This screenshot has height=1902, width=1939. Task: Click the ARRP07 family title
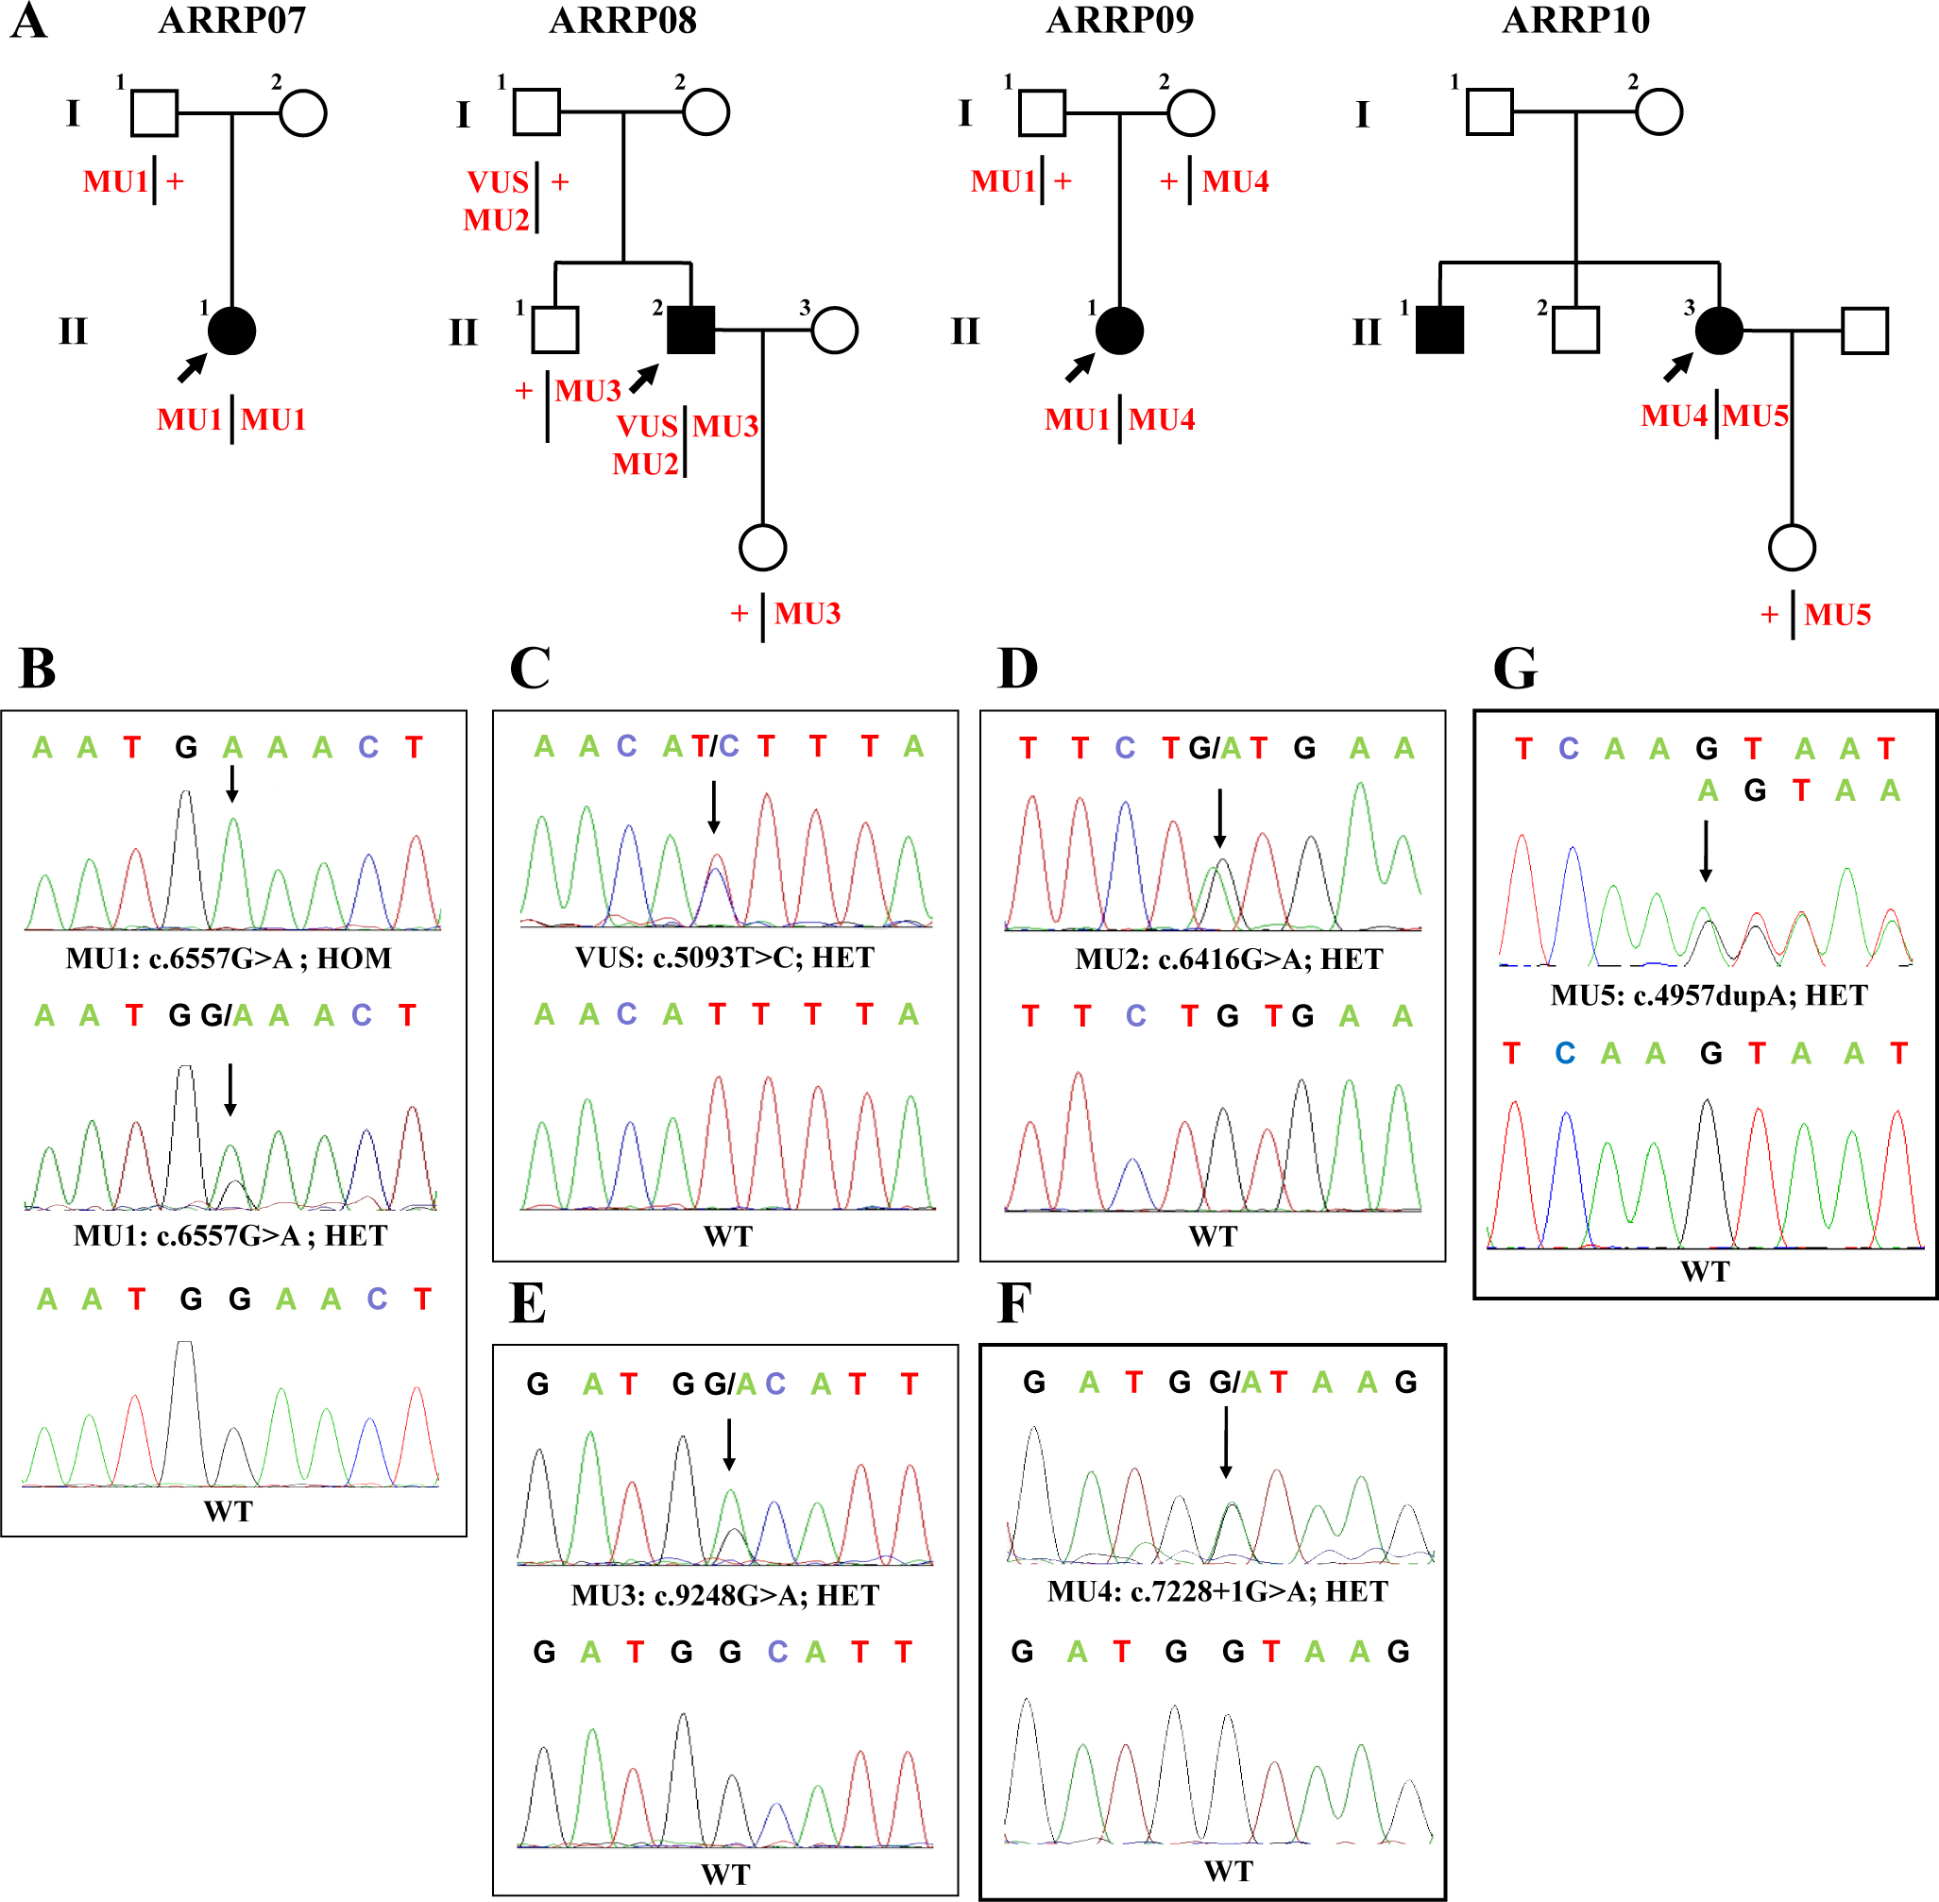(x=231, y=20)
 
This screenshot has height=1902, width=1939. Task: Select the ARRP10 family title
(x=1575, y=20)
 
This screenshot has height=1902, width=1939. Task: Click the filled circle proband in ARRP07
(x=231, y=331)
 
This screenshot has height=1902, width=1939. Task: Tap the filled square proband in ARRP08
(x=690, y=331)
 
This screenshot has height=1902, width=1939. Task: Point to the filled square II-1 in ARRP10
(x=1439, y=331)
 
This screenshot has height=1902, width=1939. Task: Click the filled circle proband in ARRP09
(x=1119, y=331)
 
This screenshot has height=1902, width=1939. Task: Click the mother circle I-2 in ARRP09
(x=1190, y=113)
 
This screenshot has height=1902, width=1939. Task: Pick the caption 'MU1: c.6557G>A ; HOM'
(x=229, y=959)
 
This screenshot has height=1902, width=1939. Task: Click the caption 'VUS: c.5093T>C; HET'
(x=724, y=958)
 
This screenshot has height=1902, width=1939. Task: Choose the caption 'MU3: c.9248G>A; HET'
(x=725, y=1595)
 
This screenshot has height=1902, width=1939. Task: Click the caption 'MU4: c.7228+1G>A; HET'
(x=1217, y=1591)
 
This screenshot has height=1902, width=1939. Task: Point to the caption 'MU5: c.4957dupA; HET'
(x=1709, y=996)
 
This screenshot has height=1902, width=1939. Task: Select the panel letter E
(x=527, y=1303)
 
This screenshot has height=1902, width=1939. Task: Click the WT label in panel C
(x=727, y=1237)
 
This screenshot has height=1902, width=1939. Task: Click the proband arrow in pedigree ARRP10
(x=1677, y=367)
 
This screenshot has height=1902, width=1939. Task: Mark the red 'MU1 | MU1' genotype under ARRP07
(x=231, y=419)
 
